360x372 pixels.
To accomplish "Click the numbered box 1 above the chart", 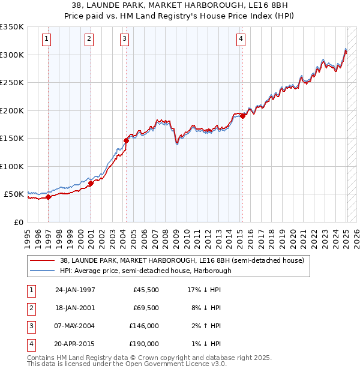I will point(47,40).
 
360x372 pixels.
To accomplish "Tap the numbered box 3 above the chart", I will point(124,40).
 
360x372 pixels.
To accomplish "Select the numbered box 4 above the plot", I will point(241,40).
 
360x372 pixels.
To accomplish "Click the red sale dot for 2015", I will point(242,116).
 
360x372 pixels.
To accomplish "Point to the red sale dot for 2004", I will point(126,140).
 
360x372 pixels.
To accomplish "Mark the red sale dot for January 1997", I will point(49,197).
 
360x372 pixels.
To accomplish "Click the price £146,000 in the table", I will point(145,326).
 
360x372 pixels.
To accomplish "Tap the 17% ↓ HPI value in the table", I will point(204,290).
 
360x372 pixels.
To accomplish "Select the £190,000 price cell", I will point(145,344).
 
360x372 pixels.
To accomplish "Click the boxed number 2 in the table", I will point(29,308).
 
